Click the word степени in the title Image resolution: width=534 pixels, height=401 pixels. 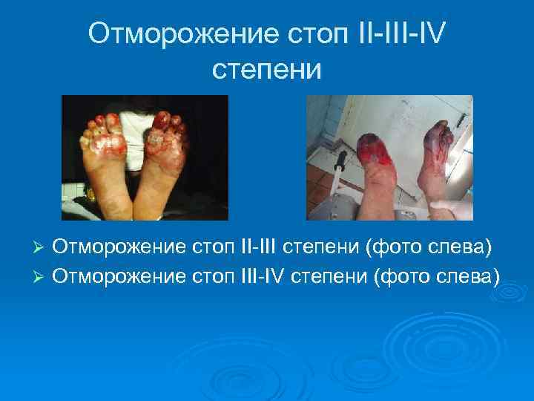[266, 70]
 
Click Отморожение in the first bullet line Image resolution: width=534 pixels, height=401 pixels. [125, 245]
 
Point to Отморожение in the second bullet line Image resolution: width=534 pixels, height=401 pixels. [125, 276]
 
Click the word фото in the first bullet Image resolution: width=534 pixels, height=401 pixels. [393, 245]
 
